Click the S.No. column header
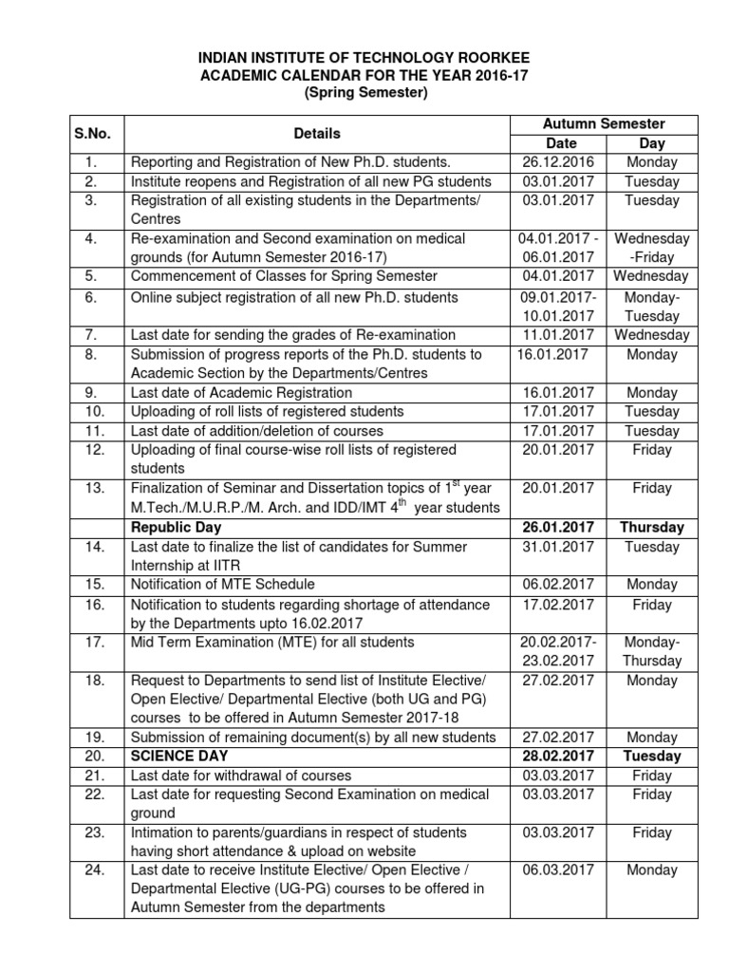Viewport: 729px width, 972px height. point(93,134)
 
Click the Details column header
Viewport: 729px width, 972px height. point(317,134)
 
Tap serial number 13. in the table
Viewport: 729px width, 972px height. point(93,489)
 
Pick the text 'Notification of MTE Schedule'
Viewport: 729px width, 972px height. point(222,585)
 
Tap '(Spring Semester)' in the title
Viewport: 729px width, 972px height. point(365,93)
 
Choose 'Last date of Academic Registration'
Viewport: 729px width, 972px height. point(240,393)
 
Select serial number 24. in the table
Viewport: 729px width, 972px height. point(93,870)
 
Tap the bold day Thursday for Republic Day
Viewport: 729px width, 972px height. point(650,528)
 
